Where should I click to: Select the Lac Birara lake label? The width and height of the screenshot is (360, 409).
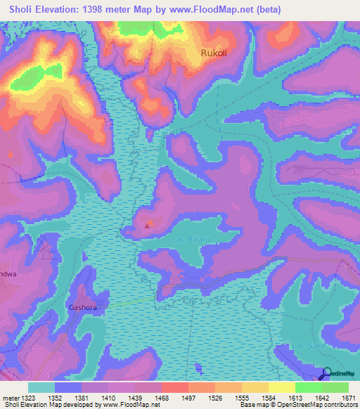pyautogui.click(x=191, y=239)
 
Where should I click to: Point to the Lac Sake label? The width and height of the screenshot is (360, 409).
pyautogui.click(x=309, y=347)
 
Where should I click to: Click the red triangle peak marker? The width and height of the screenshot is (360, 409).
pyautogui.click(x=147, y=226)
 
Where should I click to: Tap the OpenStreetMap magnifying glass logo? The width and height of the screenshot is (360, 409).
pyautogui.click(x=327, y=374)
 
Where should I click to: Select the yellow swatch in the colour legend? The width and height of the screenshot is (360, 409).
pyautogui.click(x=281, y=387)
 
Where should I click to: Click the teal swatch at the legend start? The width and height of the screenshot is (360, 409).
pyautogui.click(x=41, y=387)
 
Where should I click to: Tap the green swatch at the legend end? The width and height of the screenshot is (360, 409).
pyautogui.click(x=335, y=387)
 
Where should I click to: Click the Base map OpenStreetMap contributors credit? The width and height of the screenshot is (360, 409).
pyautogui.click(x=299, y=405)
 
